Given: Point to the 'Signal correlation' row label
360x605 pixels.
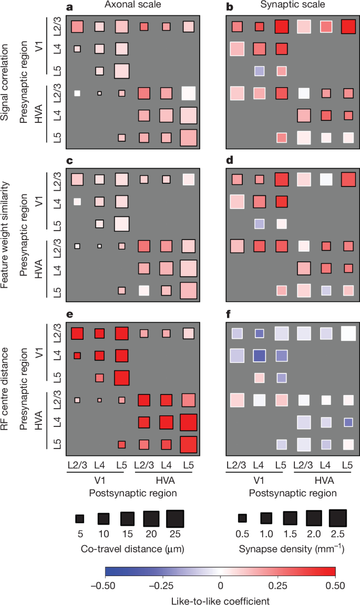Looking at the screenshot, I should (x=6, y=76).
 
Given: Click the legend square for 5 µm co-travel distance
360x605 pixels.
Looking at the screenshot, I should (x=80, y=518).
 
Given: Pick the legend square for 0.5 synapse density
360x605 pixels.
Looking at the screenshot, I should (x=242, y=518).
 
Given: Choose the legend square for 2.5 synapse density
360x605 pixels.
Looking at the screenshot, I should (x=338, y=518).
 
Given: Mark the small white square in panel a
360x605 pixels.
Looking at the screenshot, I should (x=77, y=93).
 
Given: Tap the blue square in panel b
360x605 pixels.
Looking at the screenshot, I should (x=258, y=71).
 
